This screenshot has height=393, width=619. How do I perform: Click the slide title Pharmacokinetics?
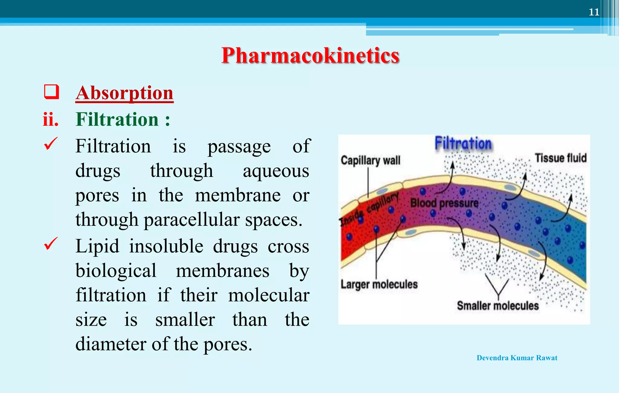coord(310,56)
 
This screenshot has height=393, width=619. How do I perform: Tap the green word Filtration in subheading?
coord(117,119)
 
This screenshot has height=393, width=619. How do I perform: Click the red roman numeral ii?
coord(50,119)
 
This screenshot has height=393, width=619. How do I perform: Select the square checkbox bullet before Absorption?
coord(51,92)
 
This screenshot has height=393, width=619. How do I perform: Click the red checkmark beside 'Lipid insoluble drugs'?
coord(50,244)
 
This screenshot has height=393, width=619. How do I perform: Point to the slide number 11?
coord(594,12)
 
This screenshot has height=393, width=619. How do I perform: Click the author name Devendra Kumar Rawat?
coord(517,358)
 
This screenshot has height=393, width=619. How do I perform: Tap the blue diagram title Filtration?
coord(463,143)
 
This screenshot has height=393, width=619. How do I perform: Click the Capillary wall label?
coord(370,161)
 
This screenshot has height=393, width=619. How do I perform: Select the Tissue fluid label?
coord(560,158)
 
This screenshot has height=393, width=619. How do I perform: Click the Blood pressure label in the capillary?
coord(444,203)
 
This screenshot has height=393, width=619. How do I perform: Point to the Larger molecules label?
coord(379,284)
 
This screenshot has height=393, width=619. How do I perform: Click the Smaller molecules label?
coord(497,306)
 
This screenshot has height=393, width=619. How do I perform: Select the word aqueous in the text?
coord(276,171)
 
